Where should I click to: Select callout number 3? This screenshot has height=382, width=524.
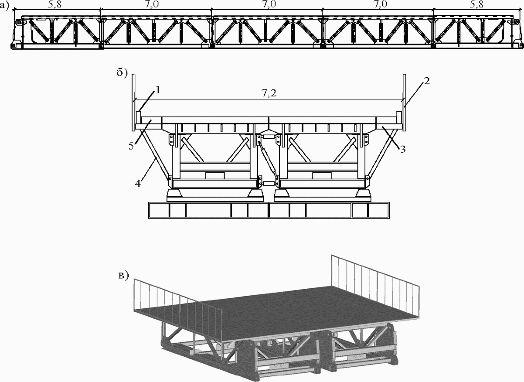point(403,149)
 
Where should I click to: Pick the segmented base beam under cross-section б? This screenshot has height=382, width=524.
point(269,211)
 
